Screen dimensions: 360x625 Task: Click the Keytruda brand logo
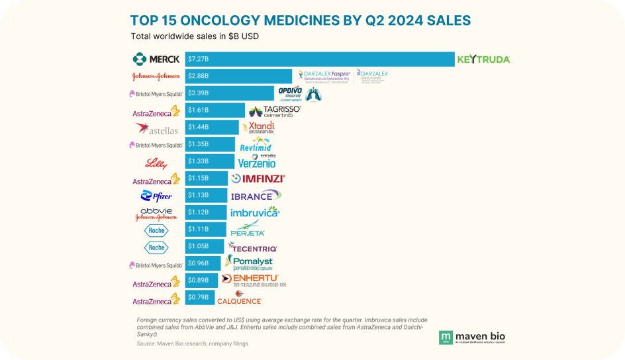pyautogui.click(x=483, y=60)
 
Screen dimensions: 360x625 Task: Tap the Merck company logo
pyautogui.click(x=156, y=60)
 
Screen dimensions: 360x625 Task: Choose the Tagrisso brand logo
pyautogui.click(x=274, y=111)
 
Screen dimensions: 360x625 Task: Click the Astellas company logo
pyautogui.click(x=157, y=128)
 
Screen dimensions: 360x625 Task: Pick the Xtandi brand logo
pyautogui.click(x=257, y=128)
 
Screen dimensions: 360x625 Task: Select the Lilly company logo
pyautogui.click(x=156, y=163)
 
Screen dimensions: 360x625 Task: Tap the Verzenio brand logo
pyautogui.click(x=257, y=161)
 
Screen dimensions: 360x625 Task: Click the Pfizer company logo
pyautogui.click(x=156, y=196)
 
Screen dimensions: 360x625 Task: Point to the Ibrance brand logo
pyautogui.click(x=256, y=195)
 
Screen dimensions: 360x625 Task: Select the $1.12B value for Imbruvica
pyautogui.click(x=199, y=212)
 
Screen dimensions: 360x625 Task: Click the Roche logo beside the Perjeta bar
pyautogui.click(x=156, y=230)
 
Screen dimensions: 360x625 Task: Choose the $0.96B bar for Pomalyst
pyautogui.click(x=203, y=264)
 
